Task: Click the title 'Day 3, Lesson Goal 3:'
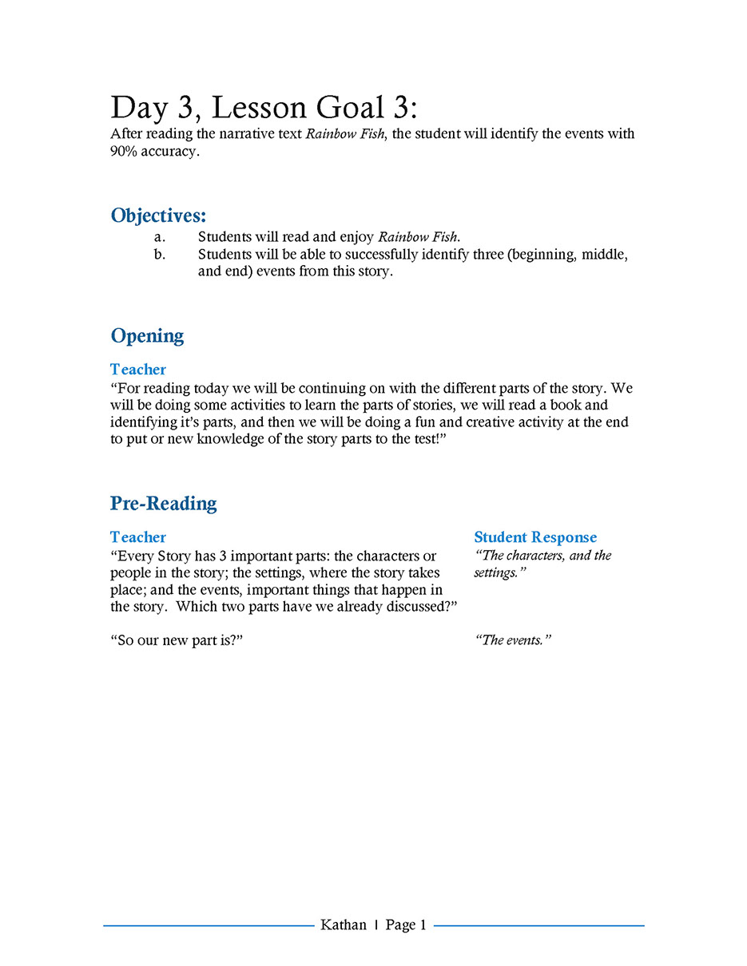tap(264, 107)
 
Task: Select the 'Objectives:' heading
tap(158, 216)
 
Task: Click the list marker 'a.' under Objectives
tap(160, 237)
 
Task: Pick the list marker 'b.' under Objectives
tap(160, 255)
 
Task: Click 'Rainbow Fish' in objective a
tap(419, 237)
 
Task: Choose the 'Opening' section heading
tap(147, 336)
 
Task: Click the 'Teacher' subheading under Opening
tap(138, 370)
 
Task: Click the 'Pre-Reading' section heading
tap(163, 504)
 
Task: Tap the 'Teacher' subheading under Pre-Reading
tap(138, 537)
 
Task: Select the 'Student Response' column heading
tap(535, 537)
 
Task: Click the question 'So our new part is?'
tap(177, 640)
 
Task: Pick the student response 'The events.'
tap(513, 640)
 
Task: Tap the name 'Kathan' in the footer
tap(344, 925)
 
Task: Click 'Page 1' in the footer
tap(406, 925)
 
